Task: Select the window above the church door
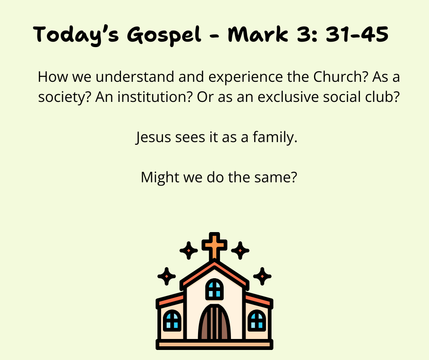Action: (x=214, y=289)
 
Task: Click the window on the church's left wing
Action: (x=172, y=320)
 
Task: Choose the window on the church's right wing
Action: (x=256, y=320)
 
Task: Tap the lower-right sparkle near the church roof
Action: (x=262, y=276)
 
